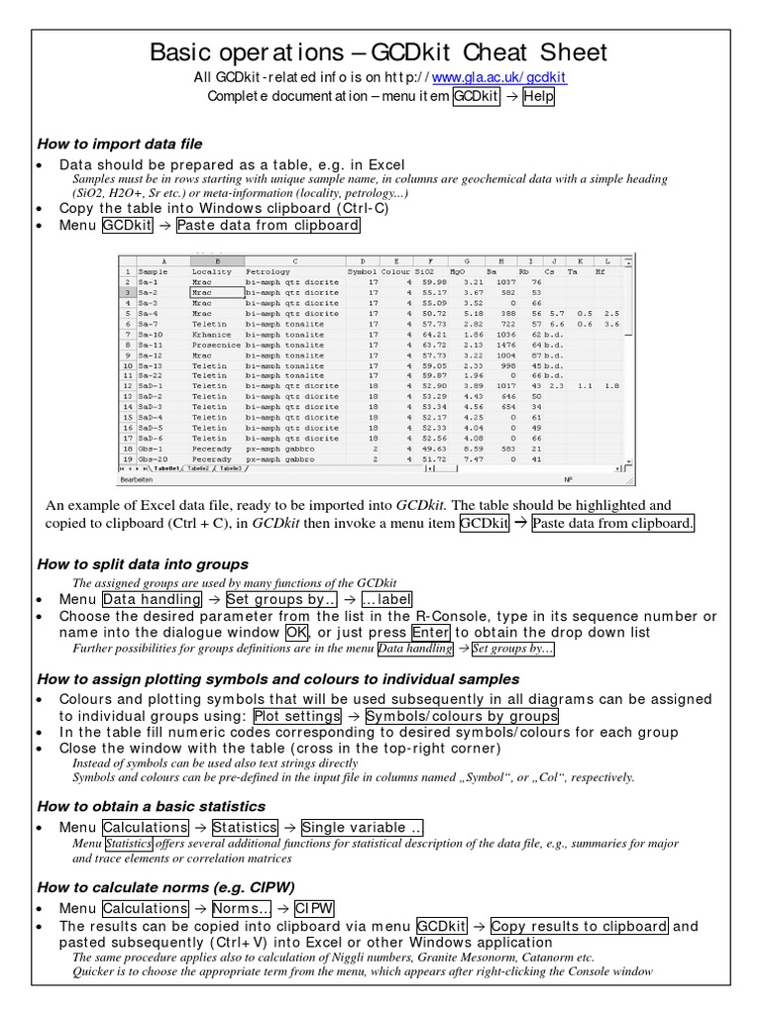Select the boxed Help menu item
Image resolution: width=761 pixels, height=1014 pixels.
[539, 97]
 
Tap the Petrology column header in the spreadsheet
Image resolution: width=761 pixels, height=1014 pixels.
[269, 269]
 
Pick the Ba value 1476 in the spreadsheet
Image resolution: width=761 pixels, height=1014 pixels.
[505, 345]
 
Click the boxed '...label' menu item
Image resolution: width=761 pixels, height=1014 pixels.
[385, 599]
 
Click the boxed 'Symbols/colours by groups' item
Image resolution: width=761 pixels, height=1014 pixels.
[462, 716]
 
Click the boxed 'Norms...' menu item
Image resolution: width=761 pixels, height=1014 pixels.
[238, 908]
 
